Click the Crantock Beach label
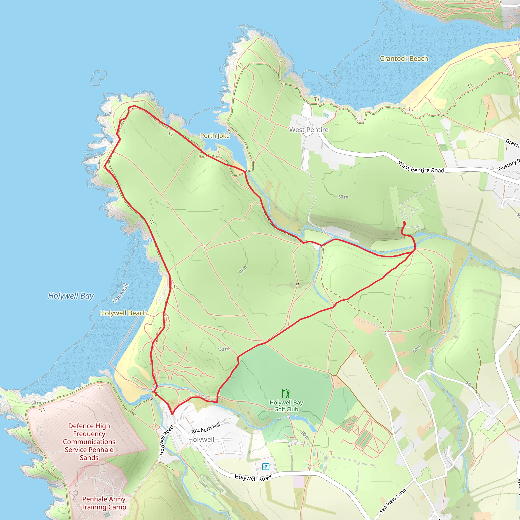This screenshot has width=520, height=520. [404, 59]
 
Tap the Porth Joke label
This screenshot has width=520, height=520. [215, 136]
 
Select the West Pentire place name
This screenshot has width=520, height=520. [309, 130]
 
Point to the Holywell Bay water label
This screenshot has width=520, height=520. [71, 296]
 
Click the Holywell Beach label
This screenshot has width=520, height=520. [123, 313]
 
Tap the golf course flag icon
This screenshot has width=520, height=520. [286, 394]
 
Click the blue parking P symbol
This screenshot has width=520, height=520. [266, 466]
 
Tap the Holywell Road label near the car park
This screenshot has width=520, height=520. [253, 478]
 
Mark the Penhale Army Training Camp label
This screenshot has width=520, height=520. [104, 503]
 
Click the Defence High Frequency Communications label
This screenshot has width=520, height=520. [89, 441]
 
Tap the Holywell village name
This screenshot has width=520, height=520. [201, 440]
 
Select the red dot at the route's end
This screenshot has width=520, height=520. [404, 223]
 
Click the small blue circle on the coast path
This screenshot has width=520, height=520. [150, 240]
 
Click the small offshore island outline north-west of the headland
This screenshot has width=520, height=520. [98, 78]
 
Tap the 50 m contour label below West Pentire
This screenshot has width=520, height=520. [343, 197]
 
